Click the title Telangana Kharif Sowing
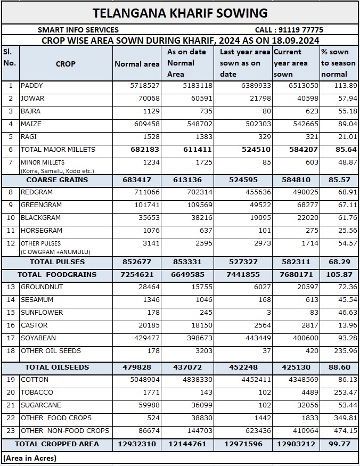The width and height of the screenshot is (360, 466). tap(180, 13)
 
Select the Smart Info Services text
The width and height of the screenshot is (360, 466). tap(78, 30)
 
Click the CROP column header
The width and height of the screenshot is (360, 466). tap(66, 64)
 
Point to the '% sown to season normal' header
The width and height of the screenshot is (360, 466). tap(338, 63)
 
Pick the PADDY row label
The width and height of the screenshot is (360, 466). tap(31, 86)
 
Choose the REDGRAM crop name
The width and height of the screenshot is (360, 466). tap(37, 192)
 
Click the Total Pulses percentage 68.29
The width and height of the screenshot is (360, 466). tap(339, 262)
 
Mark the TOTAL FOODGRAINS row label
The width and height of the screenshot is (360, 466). tap(57, 275)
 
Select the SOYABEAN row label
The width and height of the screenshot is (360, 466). tap(38, 338)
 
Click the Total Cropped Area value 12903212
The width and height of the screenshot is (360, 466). tap(296, 444)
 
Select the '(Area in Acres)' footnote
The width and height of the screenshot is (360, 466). tap(30, 458)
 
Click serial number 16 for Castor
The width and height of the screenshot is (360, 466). tap(11, 325)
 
